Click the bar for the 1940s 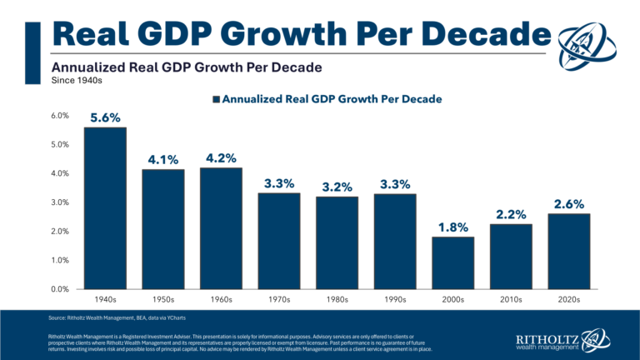coord(105,208)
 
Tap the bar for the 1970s coord(278,241)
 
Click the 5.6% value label coord(105,117)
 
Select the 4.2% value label coord(221,157)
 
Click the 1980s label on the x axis coord(337,298)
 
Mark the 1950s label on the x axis coord(162,298)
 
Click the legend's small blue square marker coord(216,99)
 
